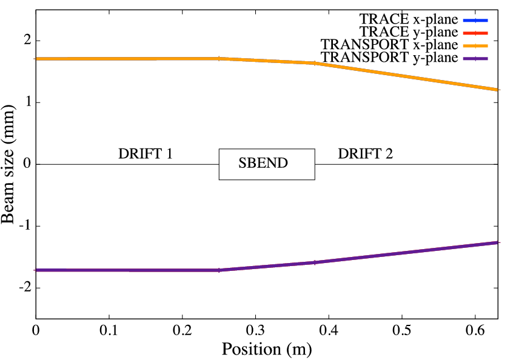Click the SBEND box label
pyautogui.click(x=263, y=164)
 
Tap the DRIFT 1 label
pyautogui.click(x=146, y=153)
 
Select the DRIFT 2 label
pyautogui.click(x=365, y=153)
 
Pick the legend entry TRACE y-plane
pyautogui.click(x=409, y=32)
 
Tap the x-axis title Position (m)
pyautogui.click(x=266, y=350)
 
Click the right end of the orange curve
pyautogui.click(x=498, y=90)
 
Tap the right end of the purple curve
pyautogui.click(x=498, y=242)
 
